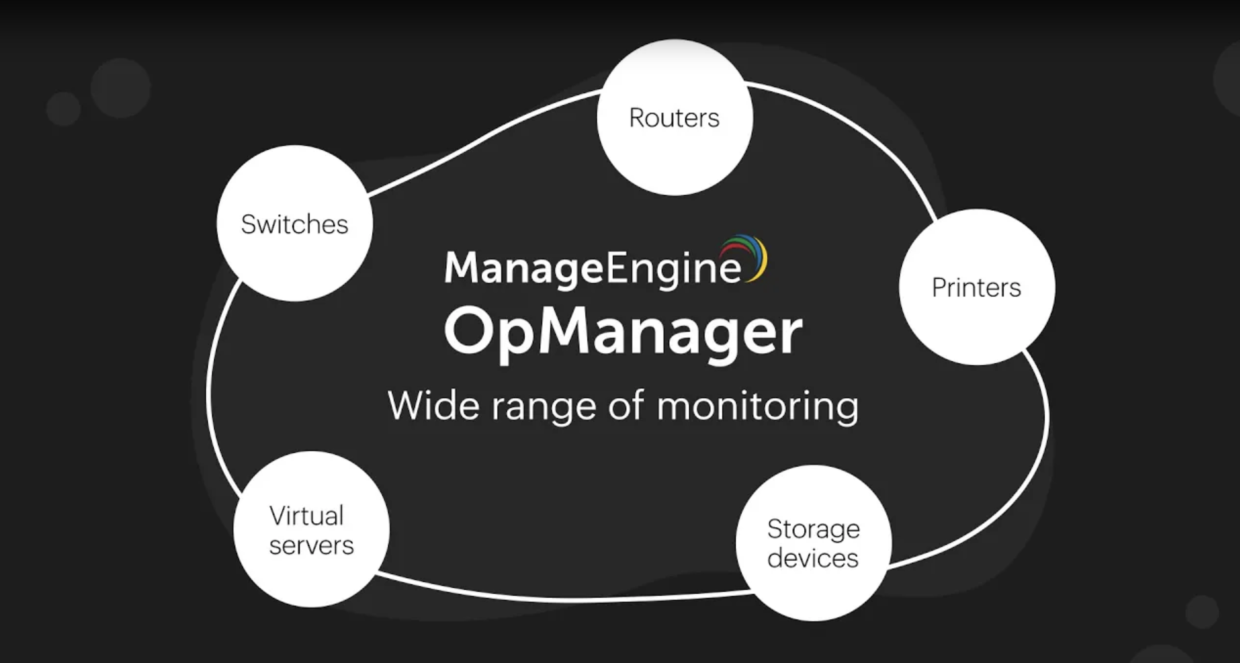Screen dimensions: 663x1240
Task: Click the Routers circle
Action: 674,117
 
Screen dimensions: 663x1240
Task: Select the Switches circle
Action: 295,223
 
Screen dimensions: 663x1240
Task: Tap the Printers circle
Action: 977,287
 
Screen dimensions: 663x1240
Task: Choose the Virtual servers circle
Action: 311,529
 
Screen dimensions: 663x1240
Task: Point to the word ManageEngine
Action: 592,268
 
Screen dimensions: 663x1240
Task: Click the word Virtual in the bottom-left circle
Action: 307,516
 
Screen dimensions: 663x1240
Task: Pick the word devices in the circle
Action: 813,558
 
